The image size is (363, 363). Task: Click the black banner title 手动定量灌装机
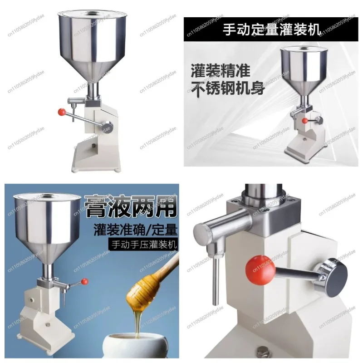tap(272, 30)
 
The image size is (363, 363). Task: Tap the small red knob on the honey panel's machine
tap(85, 282)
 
